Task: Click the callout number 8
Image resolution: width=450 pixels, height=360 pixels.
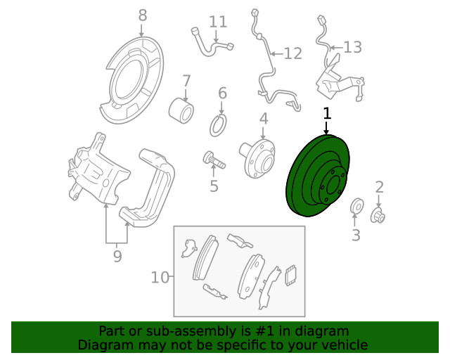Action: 143,15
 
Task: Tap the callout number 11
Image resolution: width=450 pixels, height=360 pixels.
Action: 218,22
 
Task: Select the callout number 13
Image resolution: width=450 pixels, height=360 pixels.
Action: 352,47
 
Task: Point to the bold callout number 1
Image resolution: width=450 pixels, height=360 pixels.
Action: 327,113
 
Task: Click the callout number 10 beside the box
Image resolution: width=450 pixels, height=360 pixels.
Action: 160,278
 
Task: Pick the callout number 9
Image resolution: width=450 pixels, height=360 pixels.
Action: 117,256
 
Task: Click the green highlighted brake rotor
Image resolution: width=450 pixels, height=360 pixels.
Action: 318,175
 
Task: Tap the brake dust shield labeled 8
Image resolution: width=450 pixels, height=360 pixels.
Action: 135,80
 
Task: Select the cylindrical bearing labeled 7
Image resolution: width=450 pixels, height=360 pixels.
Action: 181,110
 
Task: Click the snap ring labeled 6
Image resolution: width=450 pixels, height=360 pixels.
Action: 218,125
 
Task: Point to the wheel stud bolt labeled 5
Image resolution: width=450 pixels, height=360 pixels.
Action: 214,160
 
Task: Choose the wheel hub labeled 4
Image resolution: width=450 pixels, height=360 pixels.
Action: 257,158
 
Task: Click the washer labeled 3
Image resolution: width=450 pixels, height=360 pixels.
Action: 356,205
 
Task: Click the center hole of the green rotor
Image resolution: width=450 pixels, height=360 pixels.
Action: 333,185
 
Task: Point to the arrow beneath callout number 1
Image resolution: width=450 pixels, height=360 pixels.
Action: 326,128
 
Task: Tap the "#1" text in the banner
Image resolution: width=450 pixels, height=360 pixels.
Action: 263,331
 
